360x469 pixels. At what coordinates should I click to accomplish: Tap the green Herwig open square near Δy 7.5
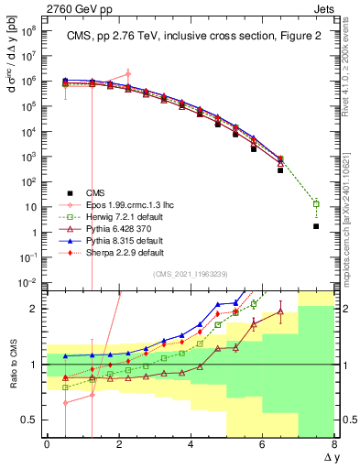tap(316, 203)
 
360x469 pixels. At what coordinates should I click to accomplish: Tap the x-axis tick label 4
tap(191, 444)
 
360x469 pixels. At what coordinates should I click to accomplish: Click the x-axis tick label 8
tap(334, 444)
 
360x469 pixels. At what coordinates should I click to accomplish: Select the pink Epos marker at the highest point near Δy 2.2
tap(127, 74)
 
